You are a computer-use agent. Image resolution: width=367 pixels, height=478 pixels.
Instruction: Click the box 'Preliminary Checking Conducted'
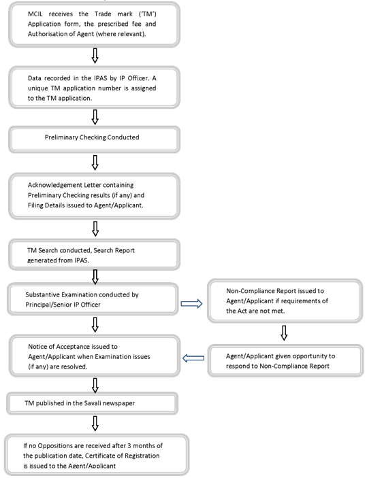point(94,140)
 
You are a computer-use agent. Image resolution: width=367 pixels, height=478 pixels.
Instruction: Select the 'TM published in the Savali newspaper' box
point(92,403)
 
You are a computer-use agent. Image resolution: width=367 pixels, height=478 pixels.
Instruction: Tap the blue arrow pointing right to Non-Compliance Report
point(191,304)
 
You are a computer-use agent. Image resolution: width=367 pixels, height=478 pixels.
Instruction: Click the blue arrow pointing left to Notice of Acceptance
point(193,358)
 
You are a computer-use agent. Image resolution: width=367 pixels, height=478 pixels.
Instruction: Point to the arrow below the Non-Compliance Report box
point(284,333)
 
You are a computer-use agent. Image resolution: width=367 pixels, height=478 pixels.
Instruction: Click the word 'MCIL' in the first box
point(35,14)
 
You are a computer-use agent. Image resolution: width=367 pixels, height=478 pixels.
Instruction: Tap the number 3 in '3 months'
point(129,445)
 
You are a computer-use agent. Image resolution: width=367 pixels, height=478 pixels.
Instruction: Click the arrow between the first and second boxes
point(95,56)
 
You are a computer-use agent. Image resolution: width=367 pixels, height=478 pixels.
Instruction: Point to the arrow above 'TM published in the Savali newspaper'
point(95,386)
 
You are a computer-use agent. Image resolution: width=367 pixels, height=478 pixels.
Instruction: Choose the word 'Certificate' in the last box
point(101,456)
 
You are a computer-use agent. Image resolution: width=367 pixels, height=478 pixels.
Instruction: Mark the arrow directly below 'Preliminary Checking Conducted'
point(95,163)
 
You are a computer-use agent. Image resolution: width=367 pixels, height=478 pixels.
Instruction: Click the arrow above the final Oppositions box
point(95,424)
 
